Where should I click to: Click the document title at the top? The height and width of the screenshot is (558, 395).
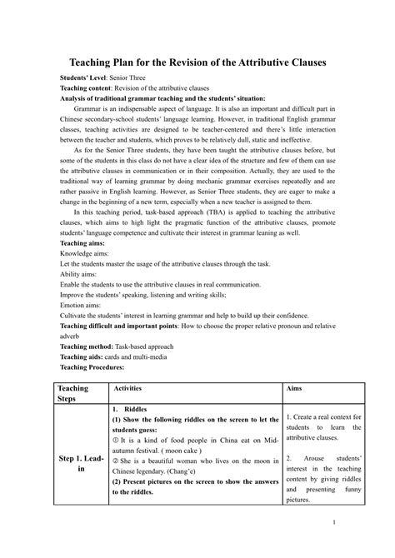tap(197, 62)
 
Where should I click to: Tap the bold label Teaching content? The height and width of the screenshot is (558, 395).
tap(91, 87)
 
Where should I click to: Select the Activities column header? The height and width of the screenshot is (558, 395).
tap(127, 388)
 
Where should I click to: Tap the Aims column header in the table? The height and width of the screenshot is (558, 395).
tap(293, 388)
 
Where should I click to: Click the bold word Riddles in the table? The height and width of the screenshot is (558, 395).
tap(135, 411)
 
